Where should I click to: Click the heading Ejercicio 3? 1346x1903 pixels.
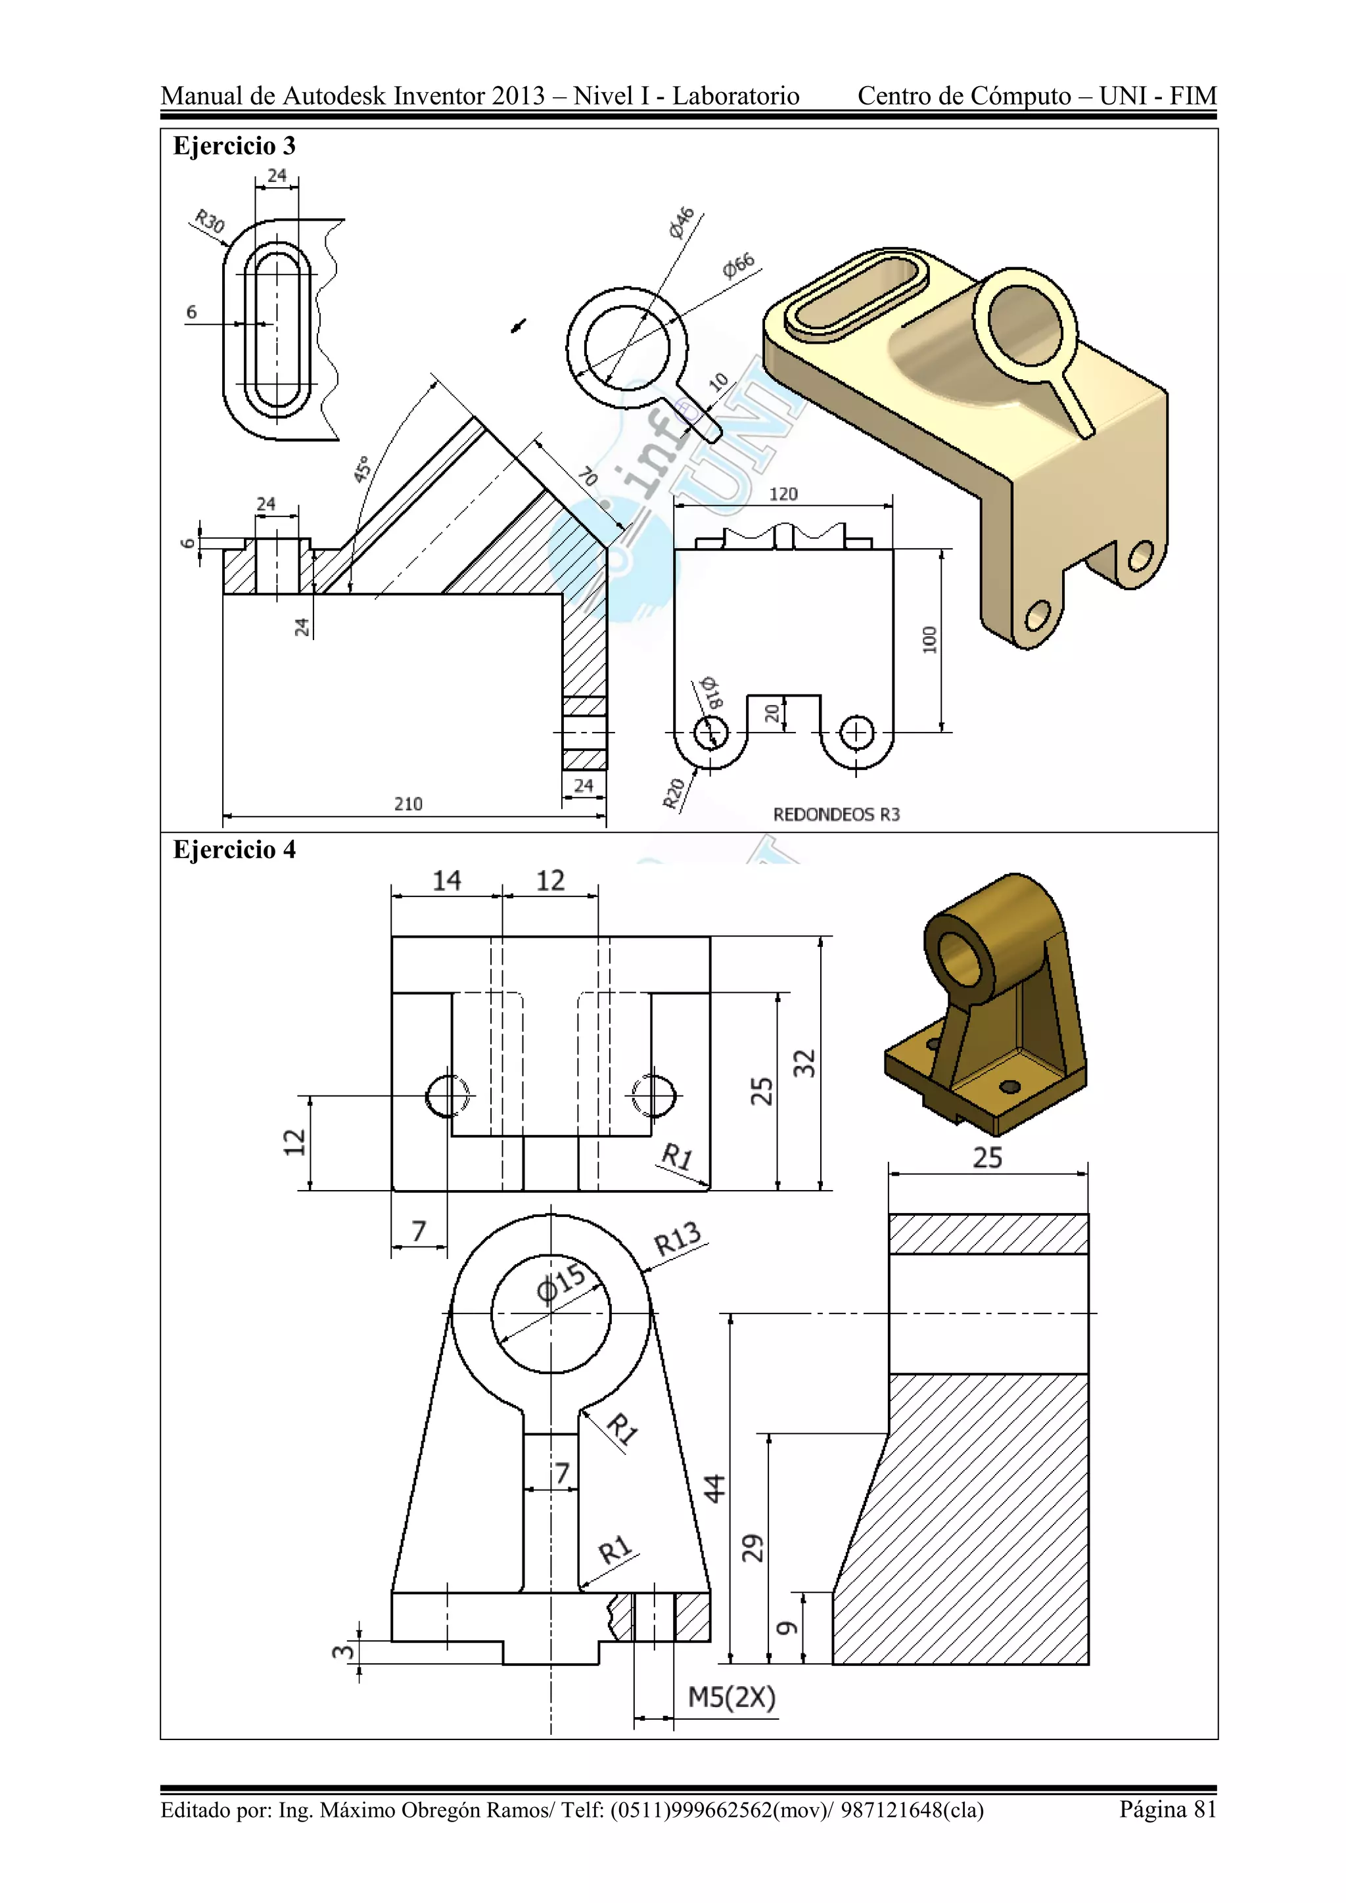coord(234,146)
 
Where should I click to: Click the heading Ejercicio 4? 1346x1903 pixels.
coord(234,850)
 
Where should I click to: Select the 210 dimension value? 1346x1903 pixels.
coord(407,803)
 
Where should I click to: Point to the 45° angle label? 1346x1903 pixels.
coord(362,469)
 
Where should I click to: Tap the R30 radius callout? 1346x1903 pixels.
coord(209,221)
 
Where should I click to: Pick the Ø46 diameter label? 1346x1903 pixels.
coord(682,222)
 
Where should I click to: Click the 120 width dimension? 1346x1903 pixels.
coord(783,494)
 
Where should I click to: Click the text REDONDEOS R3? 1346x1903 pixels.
coord(836,814)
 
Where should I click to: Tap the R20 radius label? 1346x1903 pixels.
coord(674,793)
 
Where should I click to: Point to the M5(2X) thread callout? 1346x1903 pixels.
coord(731,1697)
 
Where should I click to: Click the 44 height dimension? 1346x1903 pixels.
coord(714,1488)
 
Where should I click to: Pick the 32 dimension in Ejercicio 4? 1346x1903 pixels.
coord(804,1063)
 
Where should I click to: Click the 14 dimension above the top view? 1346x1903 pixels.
coord(447,881)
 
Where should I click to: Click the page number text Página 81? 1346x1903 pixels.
coord(1167,1808)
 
